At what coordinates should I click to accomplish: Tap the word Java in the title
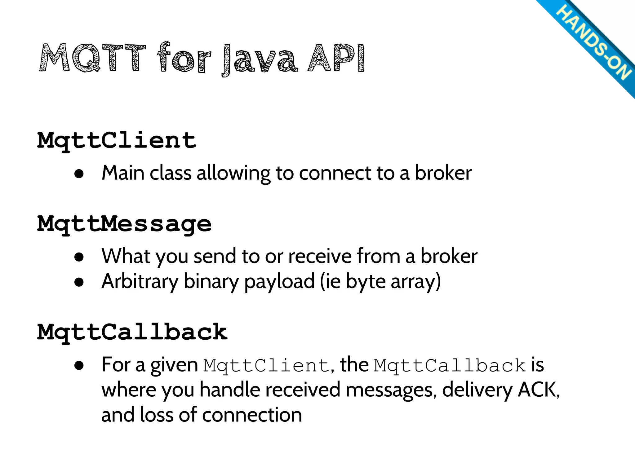click(x=260, y=59)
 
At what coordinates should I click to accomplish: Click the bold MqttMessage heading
click(x=124, y=224)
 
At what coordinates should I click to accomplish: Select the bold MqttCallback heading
click(x=132, y=332)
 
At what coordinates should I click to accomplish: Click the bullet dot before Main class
click(x=79, y=174)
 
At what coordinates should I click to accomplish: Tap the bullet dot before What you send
click(x=79, y=257)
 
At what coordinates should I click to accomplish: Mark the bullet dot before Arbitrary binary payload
click(x=79, y=282)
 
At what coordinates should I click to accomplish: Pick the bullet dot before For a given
click(x=79, y=365)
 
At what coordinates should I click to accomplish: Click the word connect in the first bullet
click(x=335, y=173)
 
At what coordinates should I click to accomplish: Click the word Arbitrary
click(x=140, y=281)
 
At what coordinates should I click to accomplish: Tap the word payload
click(x=279, y=282)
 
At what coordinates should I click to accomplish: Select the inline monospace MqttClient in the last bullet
click(x=266, y=365)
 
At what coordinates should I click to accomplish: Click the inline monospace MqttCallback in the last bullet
click(x=450, y=365)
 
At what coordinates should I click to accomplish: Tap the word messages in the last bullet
click(x=389, y=390)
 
